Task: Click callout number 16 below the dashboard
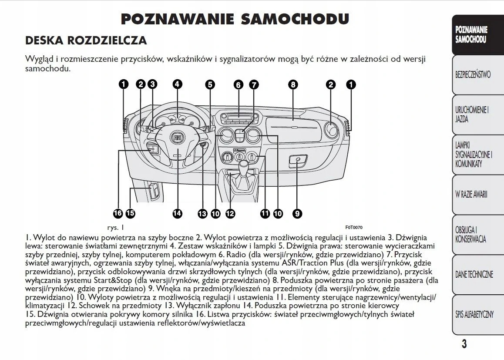[x=118, y=213]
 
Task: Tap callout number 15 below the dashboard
[x=130, y=213]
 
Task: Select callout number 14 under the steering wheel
[x=177, y=213]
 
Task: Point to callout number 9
[x=297, y=213]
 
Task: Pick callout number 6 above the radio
[x=238, y=85]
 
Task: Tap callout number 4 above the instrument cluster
[x=177, y=84]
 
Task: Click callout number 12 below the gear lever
[x=230, y=213]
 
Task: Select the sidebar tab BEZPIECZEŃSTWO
[x=473, y=74]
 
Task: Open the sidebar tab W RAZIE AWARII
[x=471, y=194]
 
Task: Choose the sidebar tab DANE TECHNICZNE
[x=474, y=274]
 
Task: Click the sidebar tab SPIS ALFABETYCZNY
[x=474, y=314]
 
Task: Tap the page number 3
[x=464, y=344]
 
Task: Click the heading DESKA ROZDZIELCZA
[x=86, y=40]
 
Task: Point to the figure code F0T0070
[x=353, y=227]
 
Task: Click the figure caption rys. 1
[x=116, y=227]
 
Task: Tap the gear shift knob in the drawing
[x=244, y=167]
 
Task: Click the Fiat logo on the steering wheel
[x=178, y=138]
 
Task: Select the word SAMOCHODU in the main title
[x=295, y=19]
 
